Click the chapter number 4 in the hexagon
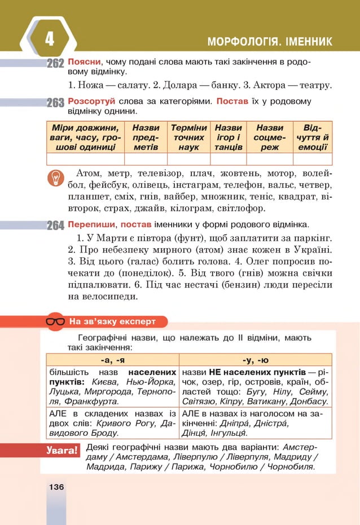click(49, 39)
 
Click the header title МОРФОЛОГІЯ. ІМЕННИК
click(270, 42)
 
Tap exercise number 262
click(55, 64)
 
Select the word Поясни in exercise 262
click(85, 61)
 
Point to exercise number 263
click(55, 103)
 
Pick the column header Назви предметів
click(146, 137)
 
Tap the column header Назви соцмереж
click(269, 137)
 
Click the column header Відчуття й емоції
click(313, 137)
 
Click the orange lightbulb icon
click(56, 178)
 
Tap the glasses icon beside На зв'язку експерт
click(55, 322)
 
